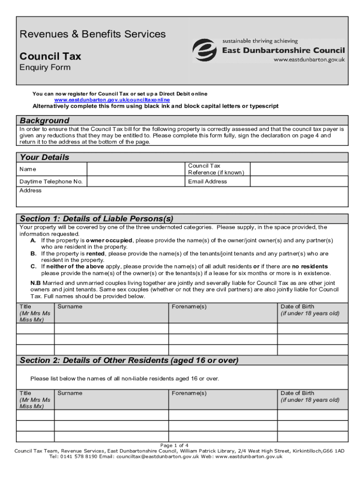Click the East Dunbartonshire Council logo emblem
pos(206,50)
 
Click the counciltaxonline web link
pos(112,100)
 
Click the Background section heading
pos(44,120)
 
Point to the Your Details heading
pos(44,157)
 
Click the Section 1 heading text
pos(96,219)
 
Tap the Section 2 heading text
pos(129,360)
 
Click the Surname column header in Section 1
pos(70,307)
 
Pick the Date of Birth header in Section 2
pos(297,393)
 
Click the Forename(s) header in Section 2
pos(189,393)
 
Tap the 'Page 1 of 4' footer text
pos(174,445)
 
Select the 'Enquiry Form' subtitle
pos(45,67)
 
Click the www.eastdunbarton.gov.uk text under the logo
pos(309,59)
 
